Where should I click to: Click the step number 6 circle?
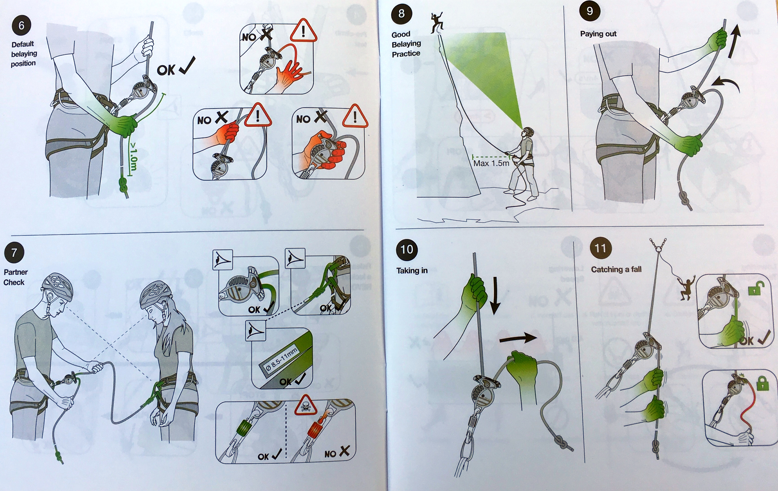(x=21, y=25)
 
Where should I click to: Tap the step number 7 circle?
(x=14, y=252)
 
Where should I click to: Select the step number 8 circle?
(x=401, y=14)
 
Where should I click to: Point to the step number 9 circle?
(x=590, y=11)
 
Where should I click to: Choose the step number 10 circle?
(x=407, y=249)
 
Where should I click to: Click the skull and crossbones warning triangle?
(x=305, y=405)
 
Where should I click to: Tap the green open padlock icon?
(x=756, y=289)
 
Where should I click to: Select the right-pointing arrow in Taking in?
(x=518, y=338)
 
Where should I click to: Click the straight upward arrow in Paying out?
(x=734, y=42)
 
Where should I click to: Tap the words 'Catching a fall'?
(x=616, y=269)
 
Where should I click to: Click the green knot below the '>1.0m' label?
(x=123, y=186)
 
